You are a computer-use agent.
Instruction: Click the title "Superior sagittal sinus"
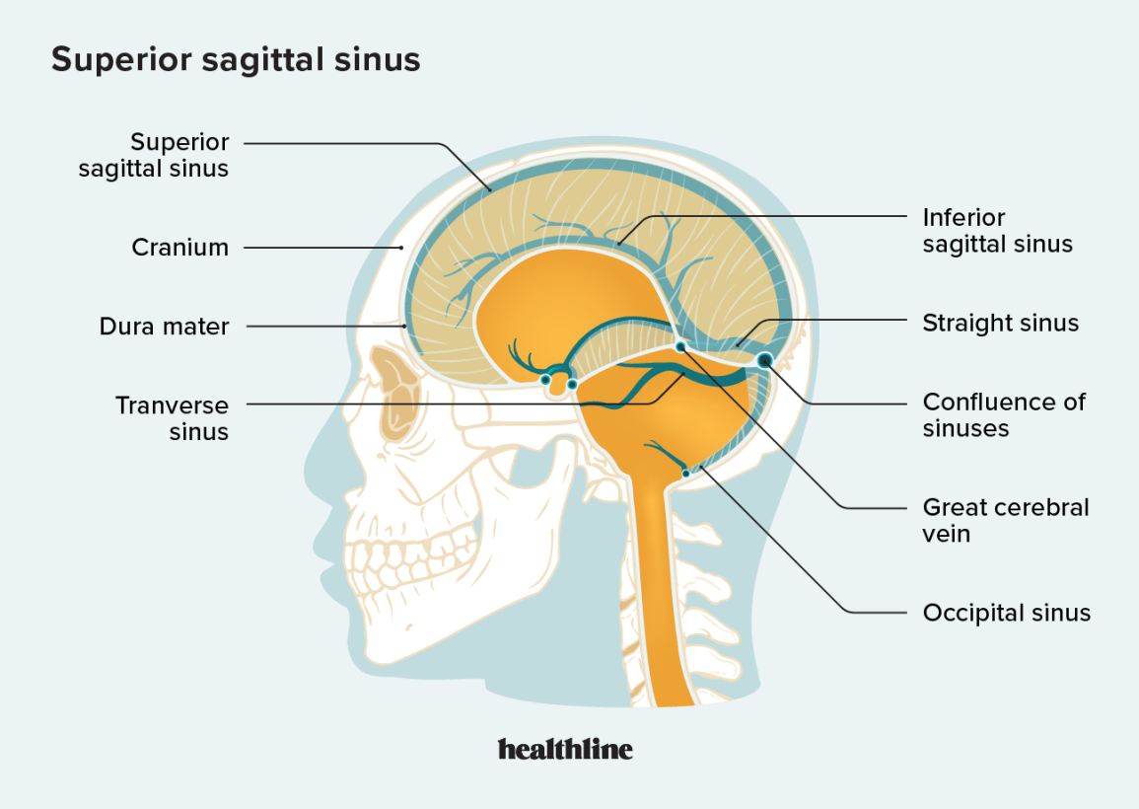point(236,59)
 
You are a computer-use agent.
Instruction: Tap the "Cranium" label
point(180,247)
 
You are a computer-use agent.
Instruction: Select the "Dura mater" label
point(164,327)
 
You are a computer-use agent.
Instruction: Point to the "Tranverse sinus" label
point(173,418)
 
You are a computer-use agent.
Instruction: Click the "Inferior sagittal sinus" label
point(997,231)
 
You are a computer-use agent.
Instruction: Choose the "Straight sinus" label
point(1000,323)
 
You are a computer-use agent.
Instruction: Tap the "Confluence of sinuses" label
point(1004,415)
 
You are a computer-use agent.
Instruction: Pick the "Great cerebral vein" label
point(1005,521)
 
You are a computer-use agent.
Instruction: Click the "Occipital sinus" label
point(1006,613)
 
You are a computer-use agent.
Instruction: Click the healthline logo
point(565,749)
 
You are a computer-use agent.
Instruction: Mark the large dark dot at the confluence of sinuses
point(764,360)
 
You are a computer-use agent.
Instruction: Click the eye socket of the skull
point(396,394)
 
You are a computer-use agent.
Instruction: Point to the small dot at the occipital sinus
point(685,474)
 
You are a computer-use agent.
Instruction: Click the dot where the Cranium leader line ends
point(401,248)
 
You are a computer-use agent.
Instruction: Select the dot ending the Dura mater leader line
point(404,327)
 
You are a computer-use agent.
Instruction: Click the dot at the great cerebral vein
point(680,346)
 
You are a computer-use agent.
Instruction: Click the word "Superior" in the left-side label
point(179,142)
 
